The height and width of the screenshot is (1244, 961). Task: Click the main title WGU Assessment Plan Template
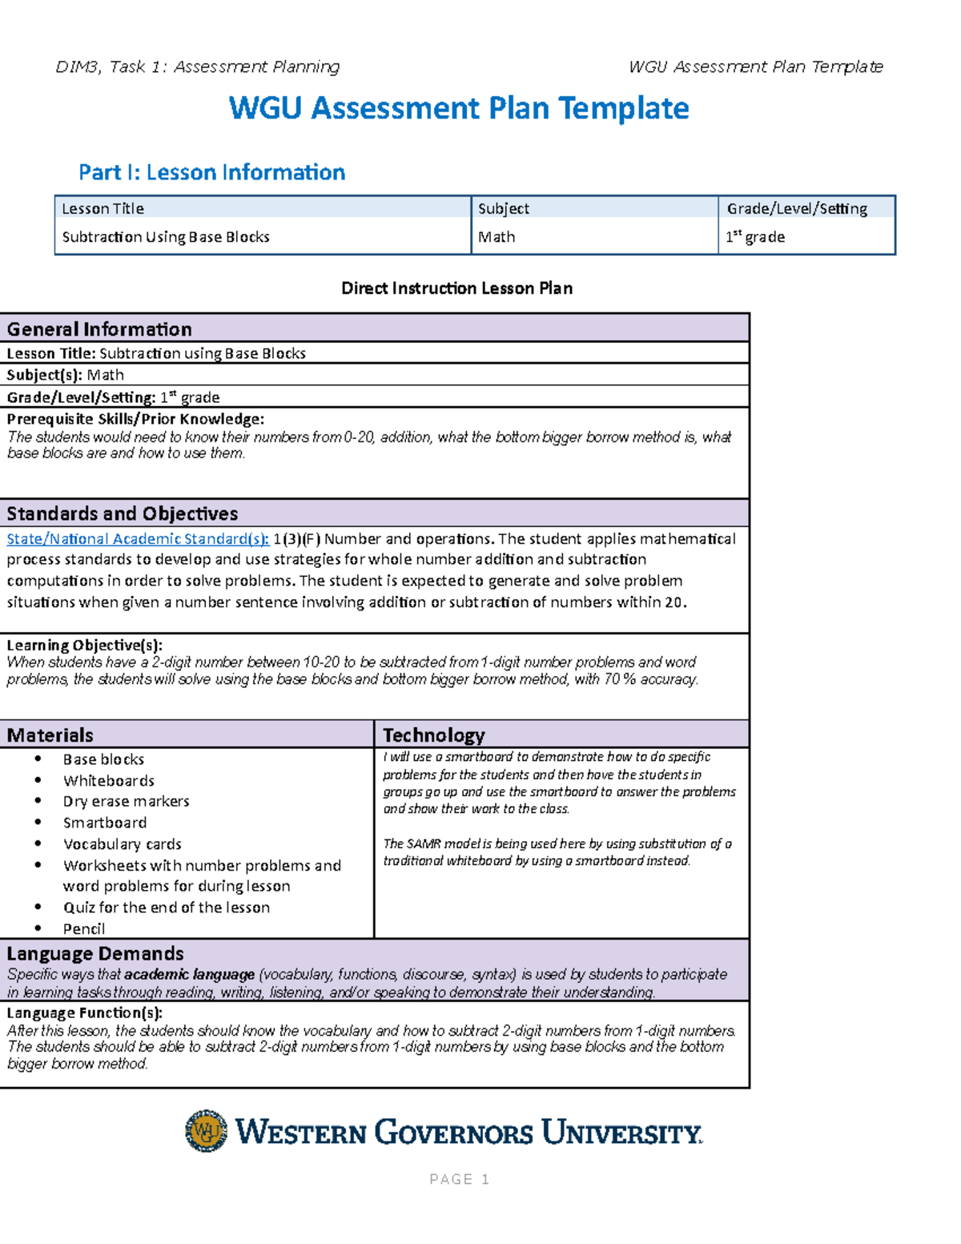(458, 108)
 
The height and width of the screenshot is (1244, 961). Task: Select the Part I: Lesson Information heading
(211, 172)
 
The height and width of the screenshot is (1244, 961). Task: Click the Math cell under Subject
(497, 237)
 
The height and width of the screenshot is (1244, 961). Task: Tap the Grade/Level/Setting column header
(796, 209)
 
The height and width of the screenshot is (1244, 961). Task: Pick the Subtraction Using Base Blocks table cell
(166, 237)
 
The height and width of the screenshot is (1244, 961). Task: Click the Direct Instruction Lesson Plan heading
(456, 288)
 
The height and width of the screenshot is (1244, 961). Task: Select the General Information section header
(99, 329)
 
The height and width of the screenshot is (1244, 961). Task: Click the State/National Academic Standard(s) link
(137, 539)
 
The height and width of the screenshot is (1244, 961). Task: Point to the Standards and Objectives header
(123, 513)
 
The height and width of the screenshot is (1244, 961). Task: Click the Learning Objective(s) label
(84, 645)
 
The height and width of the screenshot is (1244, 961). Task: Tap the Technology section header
(433, 735)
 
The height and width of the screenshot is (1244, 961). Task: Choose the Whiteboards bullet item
(109, 781)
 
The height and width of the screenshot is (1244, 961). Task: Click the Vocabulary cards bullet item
(123, 844)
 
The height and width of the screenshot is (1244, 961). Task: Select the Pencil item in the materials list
(84, 929)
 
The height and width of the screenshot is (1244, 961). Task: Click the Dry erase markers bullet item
(127, 802)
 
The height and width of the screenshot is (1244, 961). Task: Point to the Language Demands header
(95, 954)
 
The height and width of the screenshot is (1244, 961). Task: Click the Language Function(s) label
(84, 1013)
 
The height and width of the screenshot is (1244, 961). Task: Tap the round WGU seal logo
(206, 1131)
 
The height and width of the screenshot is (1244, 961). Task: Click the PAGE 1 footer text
(459, 1179)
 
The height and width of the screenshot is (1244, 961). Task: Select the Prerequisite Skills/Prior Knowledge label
(135, 419)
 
